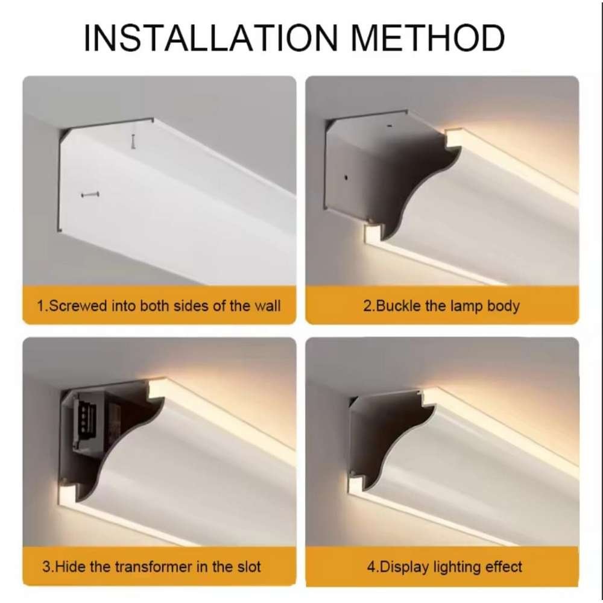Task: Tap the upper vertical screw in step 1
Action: (x=133, y=142)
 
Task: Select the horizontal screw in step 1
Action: (x=90, y=195)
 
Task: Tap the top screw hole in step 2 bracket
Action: (x=389, y=125)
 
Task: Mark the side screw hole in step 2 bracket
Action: (x=346, y=177)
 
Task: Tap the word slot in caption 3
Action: (x=248, y=567)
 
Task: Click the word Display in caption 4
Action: (x=404, y=567)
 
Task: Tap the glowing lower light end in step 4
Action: (x=356, y=485)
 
